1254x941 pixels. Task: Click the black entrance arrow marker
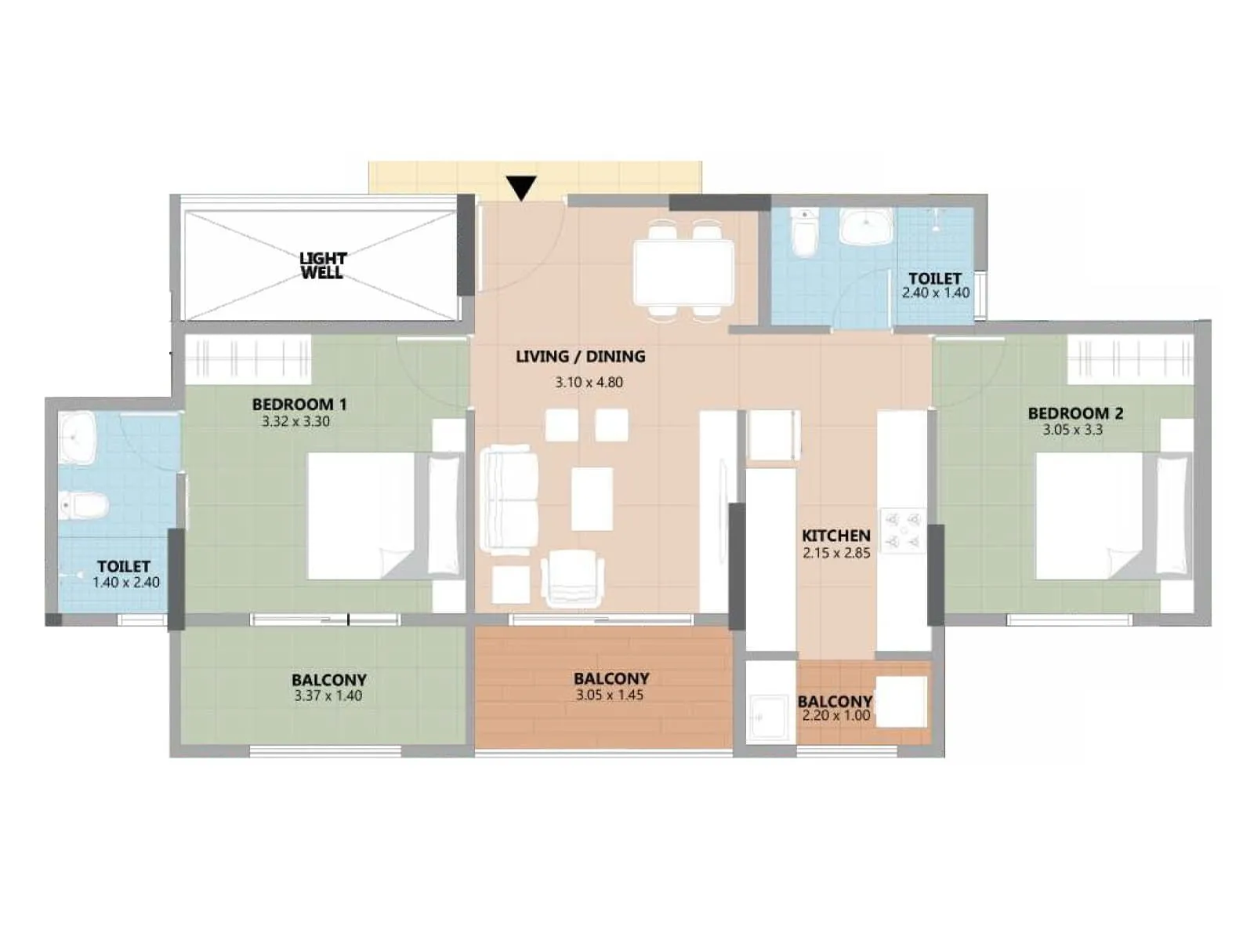521,188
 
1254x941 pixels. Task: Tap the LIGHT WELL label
322,265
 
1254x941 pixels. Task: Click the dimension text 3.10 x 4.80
589,383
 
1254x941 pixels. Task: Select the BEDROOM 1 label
299,405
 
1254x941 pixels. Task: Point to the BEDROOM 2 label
1075,413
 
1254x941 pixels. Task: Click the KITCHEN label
835,536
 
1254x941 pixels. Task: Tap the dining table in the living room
683,273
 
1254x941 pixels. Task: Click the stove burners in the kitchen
902,531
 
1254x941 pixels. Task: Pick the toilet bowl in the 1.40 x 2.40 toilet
82,505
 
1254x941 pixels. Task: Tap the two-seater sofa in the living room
509,500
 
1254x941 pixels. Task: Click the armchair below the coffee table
572,579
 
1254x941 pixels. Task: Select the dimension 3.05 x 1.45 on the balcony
609,695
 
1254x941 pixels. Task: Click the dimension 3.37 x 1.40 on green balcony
328,696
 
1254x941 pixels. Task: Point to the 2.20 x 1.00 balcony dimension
835,715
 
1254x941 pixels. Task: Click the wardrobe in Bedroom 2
1129,358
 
